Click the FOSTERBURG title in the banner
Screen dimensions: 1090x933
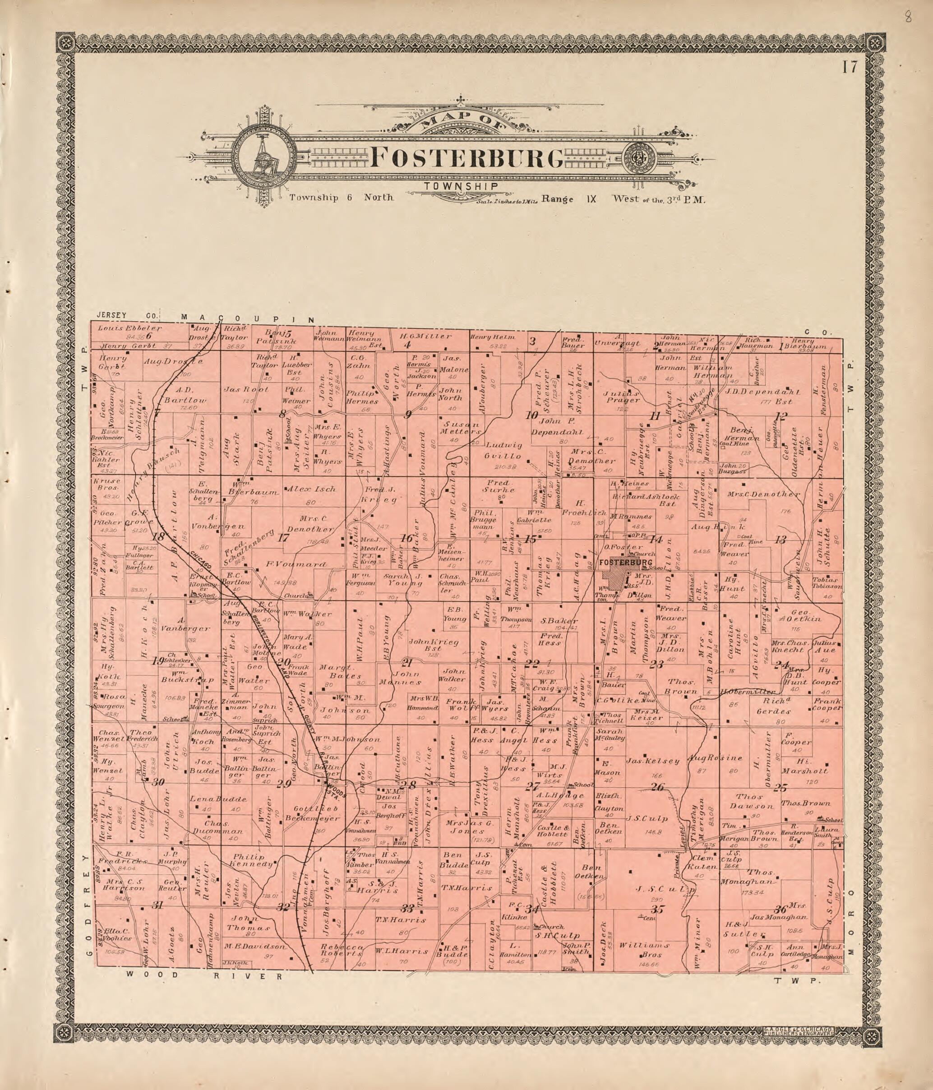pos(467,157)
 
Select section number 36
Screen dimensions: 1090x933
pos(780,909)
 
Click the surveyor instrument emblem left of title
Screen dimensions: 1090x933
pos(261,158)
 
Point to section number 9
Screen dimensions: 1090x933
pos(407,415)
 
